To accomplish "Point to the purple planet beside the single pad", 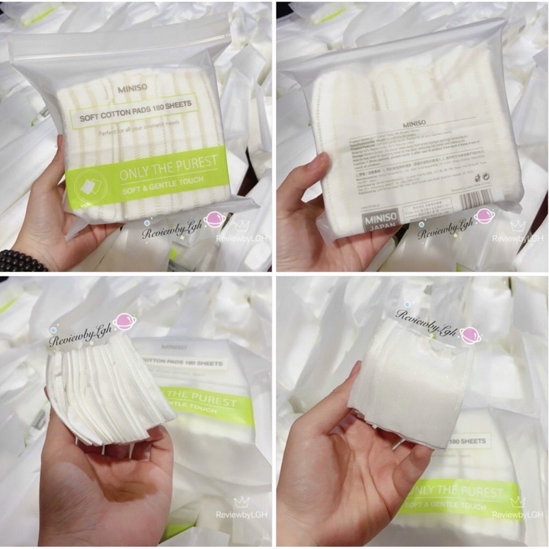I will coord(470,334).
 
